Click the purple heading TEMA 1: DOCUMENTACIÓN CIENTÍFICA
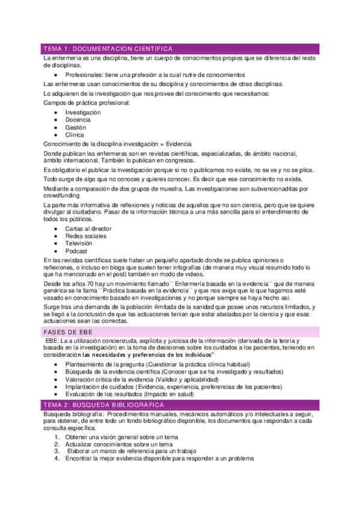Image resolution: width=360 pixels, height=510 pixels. (x=108, y=49)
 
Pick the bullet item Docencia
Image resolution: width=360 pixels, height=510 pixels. (x=78, y=120)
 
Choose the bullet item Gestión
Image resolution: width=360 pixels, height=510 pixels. (x=76, y=127)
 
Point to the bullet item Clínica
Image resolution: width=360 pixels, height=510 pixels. (x=75, y=135)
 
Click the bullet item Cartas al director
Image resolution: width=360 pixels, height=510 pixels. (x=88, y=229)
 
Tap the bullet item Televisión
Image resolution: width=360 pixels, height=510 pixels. (x=79, y=244)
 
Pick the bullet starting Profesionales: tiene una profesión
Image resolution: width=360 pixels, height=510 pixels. (x=151, y=75)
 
